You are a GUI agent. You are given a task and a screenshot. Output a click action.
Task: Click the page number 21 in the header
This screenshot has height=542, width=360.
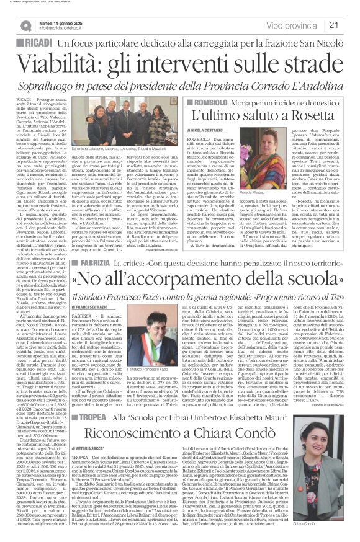click(350, 24)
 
